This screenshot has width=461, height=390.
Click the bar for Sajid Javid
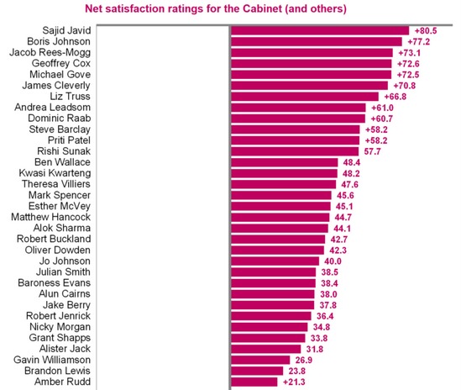click(x=319, y=29)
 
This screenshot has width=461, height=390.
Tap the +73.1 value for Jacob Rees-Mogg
click(x=409, y=52)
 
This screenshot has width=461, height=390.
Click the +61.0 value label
click(x=380, y=107)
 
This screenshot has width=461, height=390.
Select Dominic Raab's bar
click(x=297, y=119)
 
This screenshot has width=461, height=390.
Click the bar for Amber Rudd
click(x=254, y=382)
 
